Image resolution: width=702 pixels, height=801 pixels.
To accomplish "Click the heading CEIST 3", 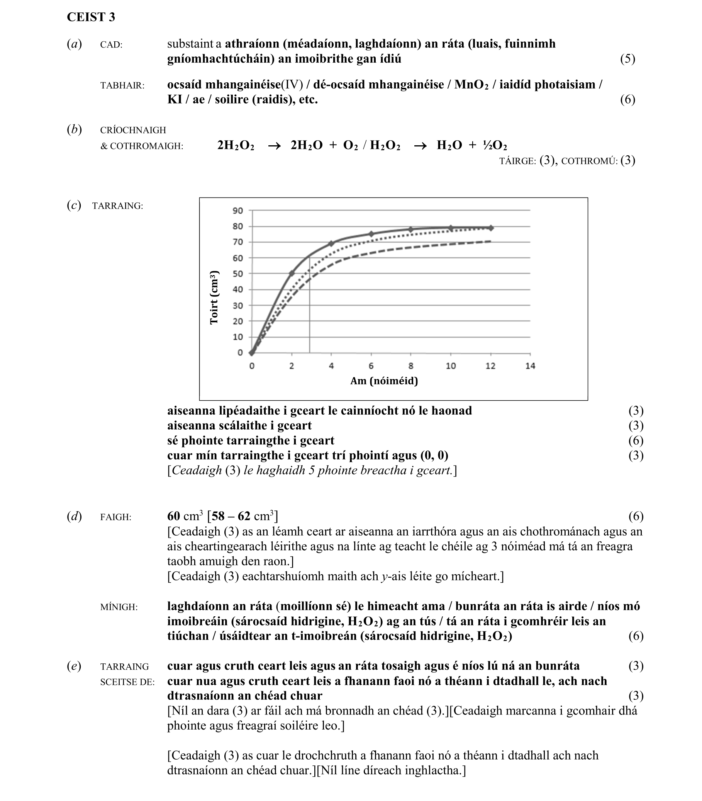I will click(x=91, y=17).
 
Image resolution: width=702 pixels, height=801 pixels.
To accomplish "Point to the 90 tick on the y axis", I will click(x=237, y=211).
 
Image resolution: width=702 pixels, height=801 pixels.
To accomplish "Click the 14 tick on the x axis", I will click(x=530, y=366).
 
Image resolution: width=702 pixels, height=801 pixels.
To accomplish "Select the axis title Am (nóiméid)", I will click(x=384, y=381).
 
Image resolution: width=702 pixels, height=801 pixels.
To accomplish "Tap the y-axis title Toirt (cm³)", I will click(x=214, y=298).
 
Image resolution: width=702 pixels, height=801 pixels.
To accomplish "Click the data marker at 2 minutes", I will click(x=292, y=273).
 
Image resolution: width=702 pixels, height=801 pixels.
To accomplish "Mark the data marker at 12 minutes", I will click(x=490, y=228).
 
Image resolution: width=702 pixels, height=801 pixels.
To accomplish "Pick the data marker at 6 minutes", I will click(x=371, y=234).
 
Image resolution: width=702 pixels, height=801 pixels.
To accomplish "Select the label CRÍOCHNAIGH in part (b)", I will click(x=133, y=130).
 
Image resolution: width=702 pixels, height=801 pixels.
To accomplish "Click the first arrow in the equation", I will click(x=274, y=146).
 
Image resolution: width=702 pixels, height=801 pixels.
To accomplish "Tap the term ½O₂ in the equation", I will click(x=495, y=145).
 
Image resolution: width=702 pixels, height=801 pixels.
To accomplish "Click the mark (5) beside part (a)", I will click(x=627, y=59).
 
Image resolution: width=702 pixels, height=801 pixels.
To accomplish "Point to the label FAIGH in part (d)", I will click(x=115, y=517).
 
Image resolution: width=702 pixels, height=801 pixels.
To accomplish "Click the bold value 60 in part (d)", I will click(x=173, y=516).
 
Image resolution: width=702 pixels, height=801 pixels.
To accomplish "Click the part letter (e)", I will click(x=74, y=666).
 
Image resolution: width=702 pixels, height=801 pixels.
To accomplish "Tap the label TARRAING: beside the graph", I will click(x=117, y=206).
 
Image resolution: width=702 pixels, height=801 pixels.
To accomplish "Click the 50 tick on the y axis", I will click(x=237, y=274).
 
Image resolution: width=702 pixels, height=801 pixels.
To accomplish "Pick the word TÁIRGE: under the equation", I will click(x=517, y=162).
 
